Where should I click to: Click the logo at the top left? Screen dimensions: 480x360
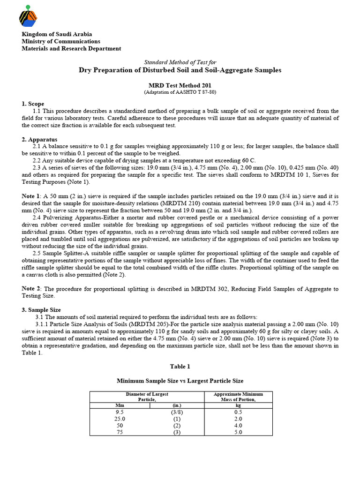click(x=28, y=15)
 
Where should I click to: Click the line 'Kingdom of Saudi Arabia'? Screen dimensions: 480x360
click(x=57, y=34)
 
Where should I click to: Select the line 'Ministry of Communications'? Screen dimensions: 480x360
click(x=60, y=41)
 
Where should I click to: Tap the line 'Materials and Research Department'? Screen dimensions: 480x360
click(x=71, y=48)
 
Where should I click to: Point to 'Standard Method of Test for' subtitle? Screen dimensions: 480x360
click(x=180, y=62)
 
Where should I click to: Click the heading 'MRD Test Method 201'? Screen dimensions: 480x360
click(x=180, y=85)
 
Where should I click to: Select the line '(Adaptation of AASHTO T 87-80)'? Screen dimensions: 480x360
click(x=180, y=92)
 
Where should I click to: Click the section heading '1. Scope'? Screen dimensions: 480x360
click(x=33, y=104)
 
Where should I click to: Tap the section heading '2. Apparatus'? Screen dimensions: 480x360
click(x=39, y=139)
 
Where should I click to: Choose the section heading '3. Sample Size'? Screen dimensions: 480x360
click(x=41, y=310)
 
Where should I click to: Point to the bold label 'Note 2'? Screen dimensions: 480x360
click(x=31, y=289)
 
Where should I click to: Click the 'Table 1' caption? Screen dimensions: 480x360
click(x=180, y=366)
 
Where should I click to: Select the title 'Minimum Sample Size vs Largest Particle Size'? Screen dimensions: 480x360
click(x=180, y=381)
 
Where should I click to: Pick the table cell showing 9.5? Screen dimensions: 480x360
click(x=119, y=412)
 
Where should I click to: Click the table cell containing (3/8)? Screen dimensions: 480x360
click(x=177, y=412)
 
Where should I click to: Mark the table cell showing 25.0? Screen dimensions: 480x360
click(x=119, y=419)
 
